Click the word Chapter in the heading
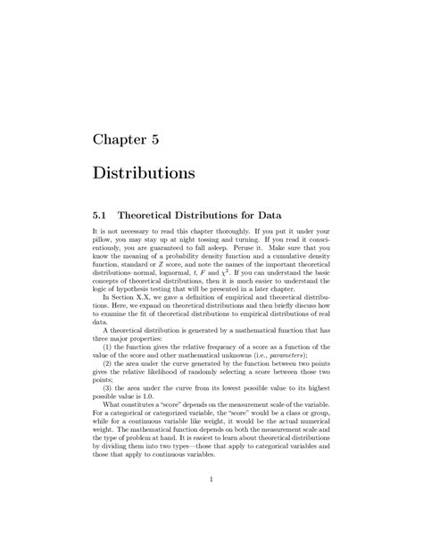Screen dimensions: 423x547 pyautogui.click(x=123, y=139)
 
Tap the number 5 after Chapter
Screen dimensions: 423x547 pyautogui.click(x=165, y=139)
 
